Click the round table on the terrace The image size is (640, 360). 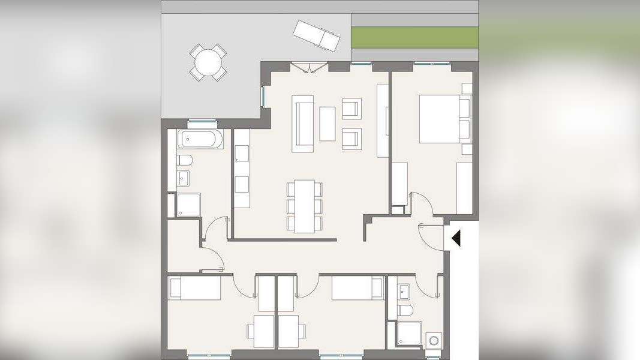[208, 62]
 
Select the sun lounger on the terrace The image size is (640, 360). [316, 35]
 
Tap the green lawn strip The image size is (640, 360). [414, 37]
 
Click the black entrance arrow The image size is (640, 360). [456, 238]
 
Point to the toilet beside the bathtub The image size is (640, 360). [185, 161]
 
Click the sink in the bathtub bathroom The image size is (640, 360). [184, 179]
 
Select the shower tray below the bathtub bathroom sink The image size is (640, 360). [188, 205]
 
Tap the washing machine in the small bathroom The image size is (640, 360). [433, 340]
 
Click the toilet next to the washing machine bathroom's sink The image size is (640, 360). [405, 311]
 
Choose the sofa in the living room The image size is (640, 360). [303, 124]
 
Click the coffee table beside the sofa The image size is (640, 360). [327, 124]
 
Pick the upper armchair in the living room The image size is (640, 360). [352, 109]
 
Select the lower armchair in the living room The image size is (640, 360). [352, 139]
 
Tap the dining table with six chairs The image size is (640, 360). [305, 206]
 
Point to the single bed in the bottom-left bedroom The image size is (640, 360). [195, 288]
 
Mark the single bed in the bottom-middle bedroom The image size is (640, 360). [357, 288]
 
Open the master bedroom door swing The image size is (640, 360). [423, 205]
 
